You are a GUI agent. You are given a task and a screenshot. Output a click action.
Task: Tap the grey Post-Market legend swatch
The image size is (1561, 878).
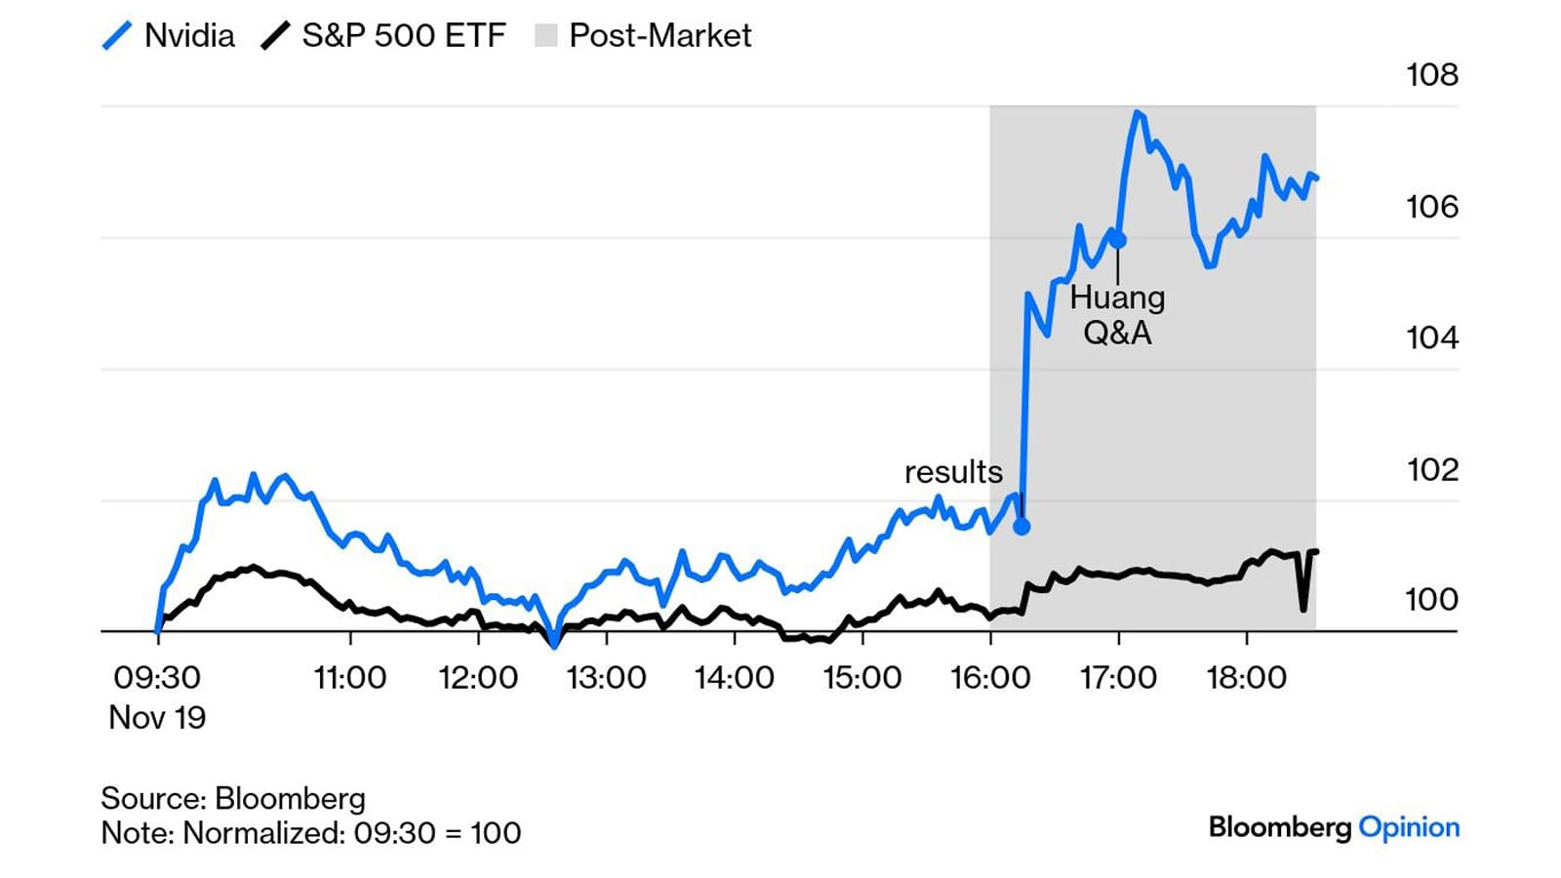[x=546, y=36]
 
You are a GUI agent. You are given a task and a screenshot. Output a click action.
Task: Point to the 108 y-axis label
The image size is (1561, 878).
[x=1431, y=75]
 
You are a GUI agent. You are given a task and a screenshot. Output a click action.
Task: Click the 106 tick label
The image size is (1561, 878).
[x=1431, y=207]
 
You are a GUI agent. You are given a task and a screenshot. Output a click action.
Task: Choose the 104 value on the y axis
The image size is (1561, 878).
[x=1431, y=338]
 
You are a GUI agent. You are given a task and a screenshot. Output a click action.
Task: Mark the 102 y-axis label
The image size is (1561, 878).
[x=1431, y=469]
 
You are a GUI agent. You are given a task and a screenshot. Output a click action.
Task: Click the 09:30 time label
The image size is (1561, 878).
[x=157, y=677]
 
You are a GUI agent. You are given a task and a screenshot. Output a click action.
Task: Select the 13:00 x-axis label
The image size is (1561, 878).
[x=606, y=677]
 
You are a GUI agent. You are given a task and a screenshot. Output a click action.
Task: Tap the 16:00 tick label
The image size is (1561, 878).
[x=990, y=677]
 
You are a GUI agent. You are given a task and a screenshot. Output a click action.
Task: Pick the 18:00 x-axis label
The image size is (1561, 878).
[x=1246, y=677]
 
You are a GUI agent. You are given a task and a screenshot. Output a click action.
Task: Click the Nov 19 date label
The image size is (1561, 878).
[x=157, y=718]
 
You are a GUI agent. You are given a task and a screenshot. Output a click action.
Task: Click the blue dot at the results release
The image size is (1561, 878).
[x=1021, y=527]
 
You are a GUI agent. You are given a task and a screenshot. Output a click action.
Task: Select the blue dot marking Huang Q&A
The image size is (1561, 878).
[x=1118, y=240]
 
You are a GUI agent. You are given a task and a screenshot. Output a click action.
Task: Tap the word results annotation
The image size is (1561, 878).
[x=953, y=472]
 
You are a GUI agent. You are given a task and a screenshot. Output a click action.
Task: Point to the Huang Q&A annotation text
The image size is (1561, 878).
[x=1117, y=315]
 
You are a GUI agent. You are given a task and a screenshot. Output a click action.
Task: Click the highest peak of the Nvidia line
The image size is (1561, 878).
[x=1137, y=113]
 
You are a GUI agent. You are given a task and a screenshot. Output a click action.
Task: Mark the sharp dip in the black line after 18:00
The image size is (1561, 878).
[x=1303, y=609]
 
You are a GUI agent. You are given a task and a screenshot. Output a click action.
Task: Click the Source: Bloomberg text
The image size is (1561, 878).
[x=233, y=798]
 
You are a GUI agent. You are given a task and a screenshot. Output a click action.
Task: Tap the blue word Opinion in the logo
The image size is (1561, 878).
[x=1409, y=827]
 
